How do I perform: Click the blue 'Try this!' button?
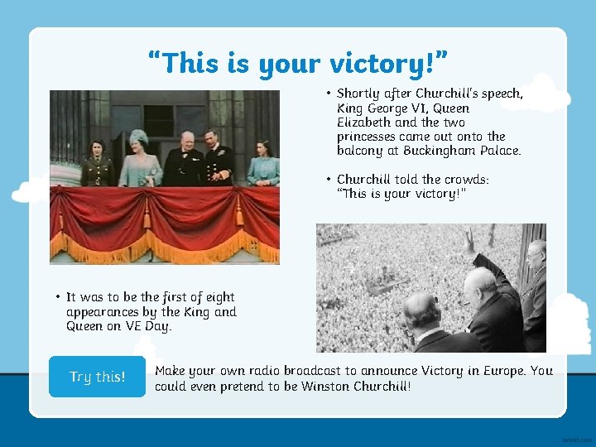point(97,377)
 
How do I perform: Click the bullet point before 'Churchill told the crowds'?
point(329,179)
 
